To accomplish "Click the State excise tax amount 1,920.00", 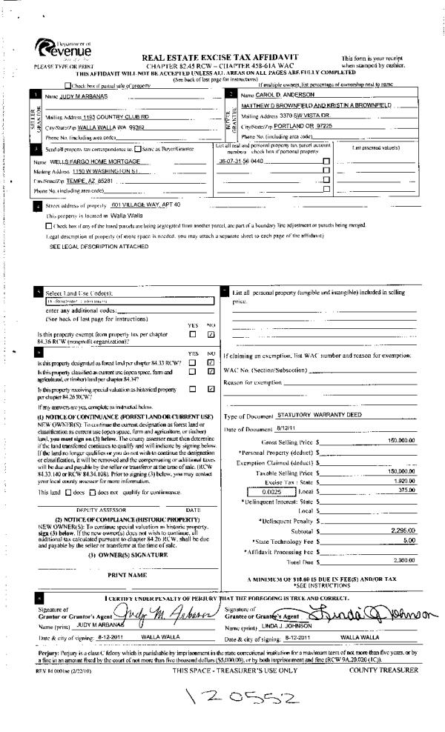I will click(401, 480).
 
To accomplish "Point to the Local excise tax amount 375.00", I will click(405, 490).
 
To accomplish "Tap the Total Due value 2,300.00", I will click(401, 561).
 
